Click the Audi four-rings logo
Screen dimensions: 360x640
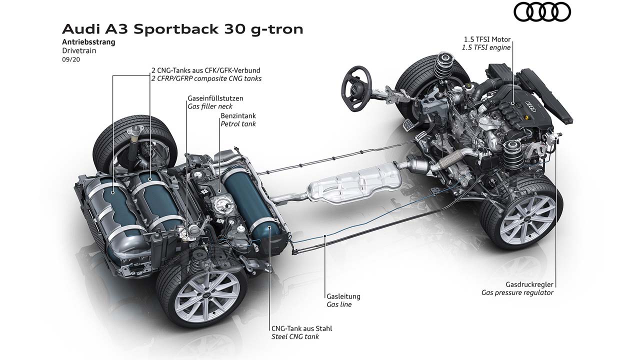click(x=542, y=12)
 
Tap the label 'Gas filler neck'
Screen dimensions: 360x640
click(x=210, y=106)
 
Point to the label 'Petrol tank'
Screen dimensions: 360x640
click(x=238, y=123)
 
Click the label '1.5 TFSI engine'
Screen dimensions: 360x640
click(x=486, y=47)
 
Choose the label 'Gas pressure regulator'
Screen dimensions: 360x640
click(x=517, y=292)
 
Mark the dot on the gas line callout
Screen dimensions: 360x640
click(x=325, y=235)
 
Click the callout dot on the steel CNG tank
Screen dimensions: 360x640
click(x=269, y=227)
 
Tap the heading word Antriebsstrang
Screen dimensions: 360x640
click(x=88, y=42)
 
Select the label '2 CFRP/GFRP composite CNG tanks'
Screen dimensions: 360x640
click(x=206, y=78)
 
